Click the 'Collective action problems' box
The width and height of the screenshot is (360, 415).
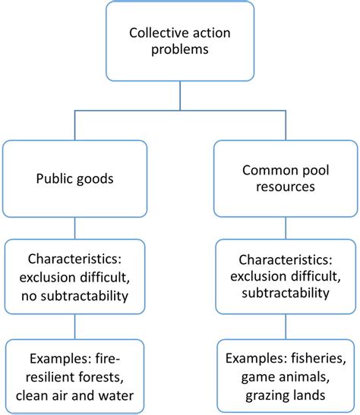[179, 42]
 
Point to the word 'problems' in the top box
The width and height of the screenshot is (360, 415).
[179, 52]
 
